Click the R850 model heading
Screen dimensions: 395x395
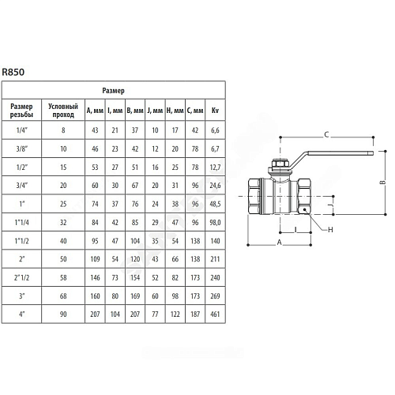13,72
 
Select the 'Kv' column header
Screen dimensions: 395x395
215,111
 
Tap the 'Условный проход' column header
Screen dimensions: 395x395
63,111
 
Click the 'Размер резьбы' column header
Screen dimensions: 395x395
21,111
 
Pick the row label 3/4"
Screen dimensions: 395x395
22,186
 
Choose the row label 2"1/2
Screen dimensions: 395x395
22,277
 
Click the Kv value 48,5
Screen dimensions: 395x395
215,204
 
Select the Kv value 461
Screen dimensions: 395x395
215,314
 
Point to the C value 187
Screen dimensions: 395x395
195,314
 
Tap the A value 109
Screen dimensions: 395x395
95,259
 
